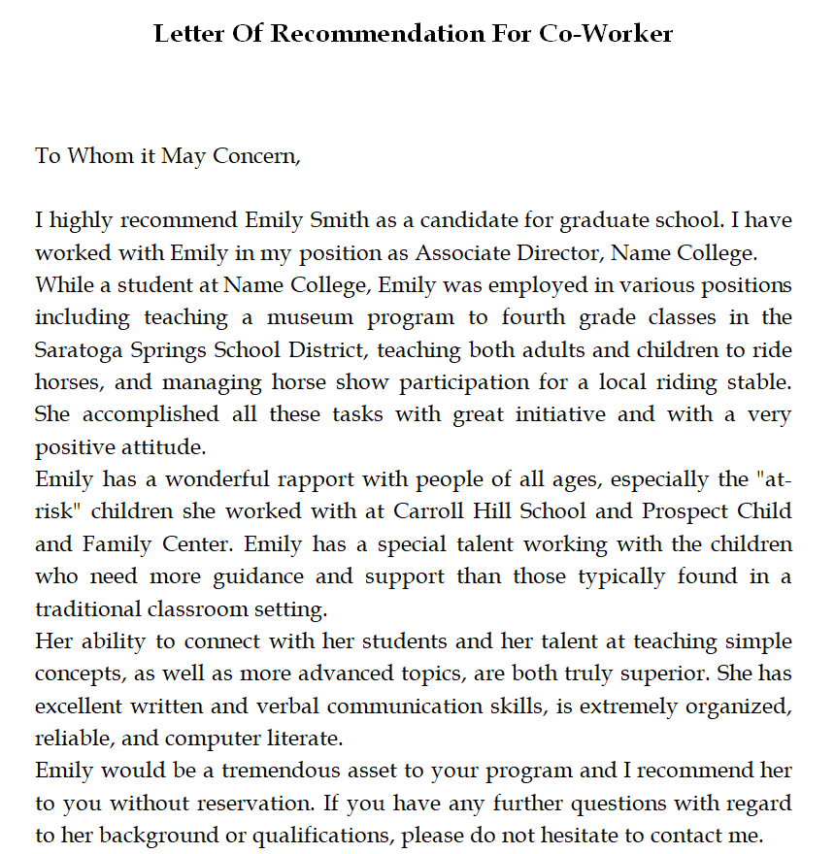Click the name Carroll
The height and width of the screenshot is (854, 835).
[429, 510]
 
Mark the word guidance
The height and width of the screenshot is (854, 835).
[257, 575]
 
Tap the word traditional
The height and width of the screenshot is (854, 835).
[95, 608]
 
